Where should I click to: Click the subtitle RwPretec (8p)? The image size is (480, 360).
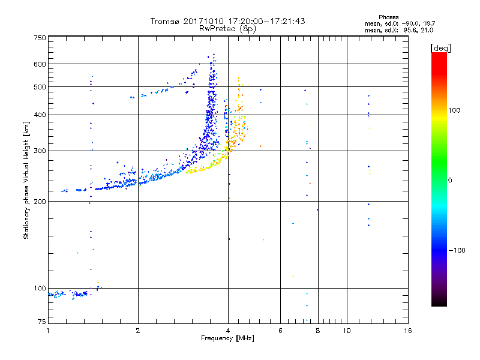227,28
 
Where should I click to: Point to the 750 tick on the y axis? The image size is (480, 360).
40,38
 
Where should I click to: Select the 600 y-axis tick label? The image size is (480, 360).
40,64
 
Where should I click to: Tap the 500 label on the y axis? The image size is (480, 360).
40,87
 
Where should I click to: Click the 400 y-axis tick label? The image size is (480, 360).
40,115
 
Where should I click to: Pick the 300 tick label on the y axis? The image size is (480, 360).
40,151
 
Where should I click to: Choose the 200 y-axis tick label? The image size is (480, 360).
40,202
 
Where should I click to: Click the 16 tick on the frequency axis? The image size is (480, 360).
407,331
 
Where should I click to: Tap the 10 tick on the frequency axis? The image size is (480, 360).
346,331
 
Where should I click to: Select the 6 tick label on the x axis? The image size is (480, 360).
280,331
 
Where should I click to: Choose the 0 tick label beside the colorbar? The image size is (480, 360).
451,180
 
